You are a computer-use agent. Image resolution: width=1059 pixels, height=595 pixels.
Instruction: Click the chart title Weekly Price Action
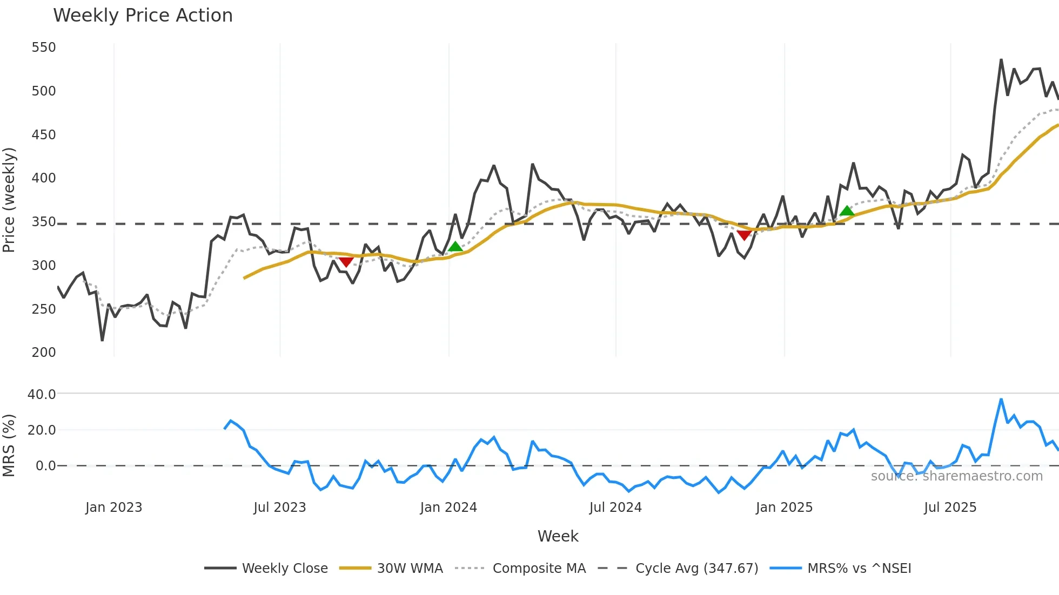[x=143, y=16]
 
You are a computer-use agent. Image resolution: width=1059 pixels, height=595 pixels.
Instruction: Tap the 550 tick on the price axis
[x=44, y=48]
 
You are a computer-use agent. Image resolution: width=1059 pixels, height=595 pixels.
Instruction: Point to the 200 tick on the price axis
[x=44, y=353]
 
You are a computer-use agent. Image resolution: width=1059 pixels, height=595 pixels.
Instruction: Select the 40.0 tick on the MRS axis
[x=42, y=394]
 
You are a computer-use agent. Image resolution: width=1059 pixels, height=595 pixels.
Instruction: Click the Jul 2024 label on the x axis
[x=615, y=508]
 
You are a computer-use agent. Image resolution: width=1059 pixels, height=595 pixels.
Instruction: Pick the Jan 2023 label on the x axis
[x=113, y=508]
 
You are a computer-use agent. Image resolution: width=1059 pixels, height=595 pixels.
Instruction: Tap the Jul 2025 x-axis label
[x=950, y=508]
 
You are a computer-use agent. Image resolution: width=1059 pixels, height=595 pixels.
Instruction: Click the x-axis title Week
[x=558, y=536]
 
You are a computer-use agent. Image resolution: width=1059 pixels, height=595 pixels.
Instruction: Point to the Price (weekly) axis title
[x=9, y=200]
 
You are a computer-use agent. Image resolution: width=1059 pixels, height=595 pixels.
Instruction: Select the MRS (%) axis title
[x=9, y=445]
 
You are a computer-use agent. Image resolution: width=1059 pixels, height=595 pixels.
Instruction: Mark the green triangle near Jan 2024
[x=455, y=247]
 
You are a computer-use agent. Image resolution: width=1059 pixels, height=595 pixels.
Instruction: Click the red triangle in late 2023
[x=346, y=262]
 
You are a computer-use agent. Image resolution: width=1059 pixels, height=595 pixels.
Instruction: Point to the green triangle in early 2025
[x=847, y=211]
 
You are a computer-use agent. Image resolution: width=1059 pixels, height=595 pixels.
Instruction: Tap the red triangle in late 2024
[x=745, y=235]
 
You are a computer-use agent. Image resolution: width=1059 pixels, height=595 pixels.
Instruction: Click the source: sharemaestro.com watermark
[x=956, y=476]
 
